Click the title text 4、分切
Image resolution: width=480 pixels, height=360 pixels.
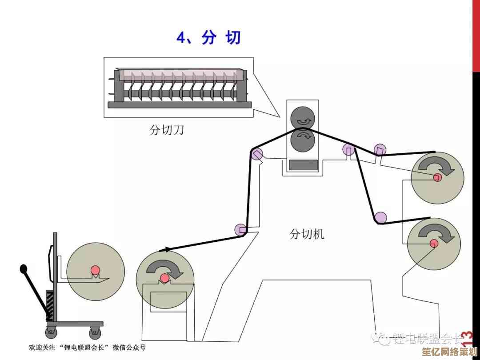209,37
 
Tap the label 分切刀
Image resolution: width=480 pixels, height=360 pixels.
167,130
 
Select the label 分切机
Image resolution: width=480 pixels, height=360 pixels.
307,234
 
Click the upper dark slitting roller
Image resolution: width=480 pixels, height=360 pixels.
303,118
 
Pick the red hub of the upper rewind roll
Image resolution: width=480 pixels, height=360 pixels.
437,177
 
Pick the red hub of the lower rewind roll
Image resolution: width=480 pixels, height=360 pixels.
434,243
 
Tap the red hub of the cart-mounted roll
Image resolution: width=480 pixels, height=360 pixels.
95,270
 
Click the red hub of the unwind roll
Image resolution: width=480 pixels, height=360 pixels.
164,279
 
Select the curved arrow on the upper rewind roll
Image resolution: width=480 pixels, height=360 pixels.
437,168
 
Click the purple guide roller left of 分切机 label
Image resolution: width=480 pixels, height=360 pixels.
240,229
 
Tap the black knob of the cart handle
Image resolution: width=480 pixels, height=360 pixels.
23,269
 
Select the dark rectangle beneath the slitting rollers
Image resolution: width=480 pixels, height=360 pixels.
304,164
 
